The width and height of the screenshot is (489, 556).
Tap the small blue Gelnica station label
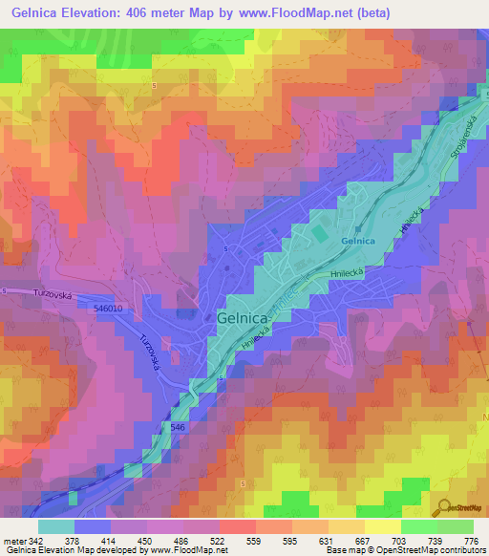(x=357, y=243)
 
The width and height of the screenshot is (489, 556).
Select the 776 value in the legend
(x=472, y=541)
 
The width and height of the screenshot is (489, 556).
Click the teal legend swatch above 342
(x=55, y=526)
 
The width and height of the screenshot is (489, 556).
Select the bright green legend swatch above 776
(x=456, y=526)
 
